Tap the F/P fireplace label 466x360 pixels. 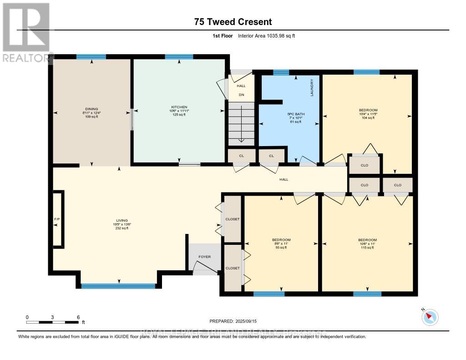57,219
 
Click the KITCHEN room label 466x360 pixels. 178,107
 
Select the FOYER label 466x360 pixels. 205,257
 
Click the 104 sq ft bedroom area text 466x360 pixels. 368,118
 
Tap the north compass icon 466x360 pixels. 430,317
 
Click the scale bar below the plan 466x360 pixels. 53,322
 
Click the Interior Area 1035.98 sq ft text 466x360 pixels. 267,36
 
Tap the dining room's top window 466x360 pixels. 91,57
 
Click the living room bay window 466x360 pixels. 118,286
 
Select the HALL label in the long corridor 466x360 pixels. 284,179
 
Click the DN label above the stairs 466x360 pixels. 241,95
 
